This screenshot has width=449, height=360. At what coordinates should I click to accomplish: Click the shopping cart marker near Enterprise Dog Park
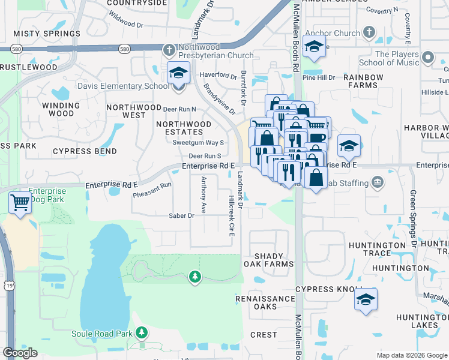(20, 203)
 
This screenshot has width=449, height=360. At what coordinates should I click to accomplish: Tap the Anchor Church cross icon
(369, 31)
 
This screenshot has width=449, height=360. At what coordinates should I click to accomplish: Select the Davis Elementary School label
(123, 86)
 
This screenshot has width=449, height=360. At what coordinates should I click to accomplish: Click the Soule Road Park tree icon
(142, 332)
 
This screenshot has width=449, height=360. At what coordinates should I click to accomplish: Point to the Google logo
(20, 353)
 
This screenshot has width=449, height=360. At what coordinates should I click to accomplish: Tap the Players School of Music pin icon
(428, 58)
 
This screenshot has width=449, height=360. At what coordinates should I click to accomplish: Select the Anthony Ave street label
(204, 195)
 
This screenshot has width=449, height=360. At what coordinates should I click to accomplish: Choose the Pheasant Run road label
(152, 190)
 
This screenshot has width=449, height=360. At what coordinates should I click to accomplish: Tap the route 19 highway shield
(11, 271)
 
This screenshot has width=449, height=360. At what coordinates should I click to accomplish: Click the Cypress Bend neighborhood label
(84, 151)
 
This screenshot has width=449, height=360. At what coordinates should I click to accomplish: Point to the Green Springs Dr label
(413, 220)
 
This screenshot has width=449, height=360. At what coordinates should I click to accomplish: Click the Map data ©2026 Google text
(412, 355)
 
